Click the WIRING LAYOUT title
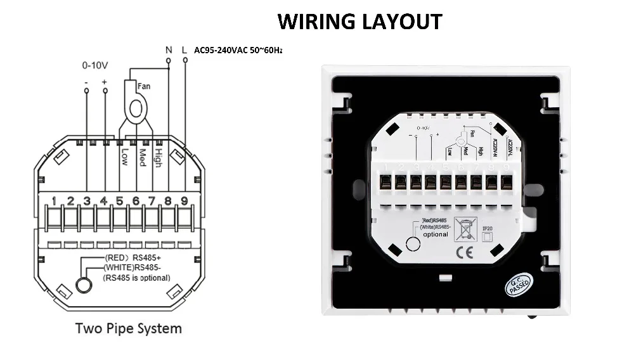pos(359,21)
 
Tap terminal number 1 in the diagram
pos(55,202)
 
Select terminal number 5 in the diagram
pos(120,202)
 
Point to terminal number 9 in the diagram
pos(184,202)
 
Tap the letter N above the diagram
pos(168,49)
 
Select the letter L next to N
pos(184,49)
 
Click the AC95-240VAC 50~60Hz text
pos(238,49)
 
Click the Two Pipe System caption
pos(129,328)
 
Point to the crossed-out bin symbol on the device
pos(467,228)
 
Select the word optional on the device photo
pos(436,234)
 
